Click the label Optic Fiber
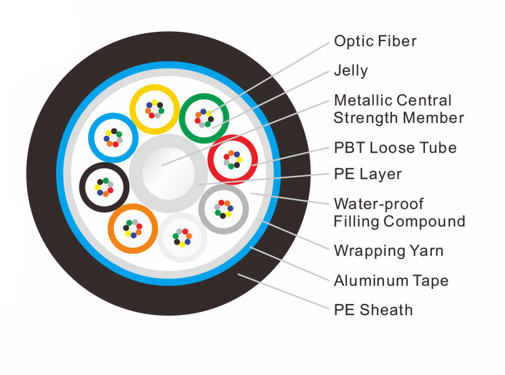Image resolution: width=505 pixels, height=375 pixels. [x=375, y=41]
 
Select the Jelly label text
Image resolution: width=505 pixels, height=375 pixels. [x=351, y=71]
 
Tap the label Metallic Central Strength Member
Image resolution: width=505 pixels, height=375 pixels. [x=399, y=109]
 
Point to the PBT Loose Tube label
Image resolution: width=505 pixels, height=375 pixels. [x=395, y=148]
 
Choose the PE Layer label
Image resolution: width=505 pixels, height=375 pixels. [x=368, y=174]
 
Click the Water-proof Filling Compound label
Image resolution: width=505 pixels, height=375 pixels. [x=400, y=213]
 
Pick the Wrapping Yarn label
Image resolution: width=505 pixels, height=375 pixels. [x=389, y=251]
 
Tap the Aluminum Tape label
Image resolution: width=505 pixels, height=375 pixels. [x=391, y=281]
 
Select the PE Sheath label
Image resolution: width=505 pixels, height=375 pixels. [x=373, y=310]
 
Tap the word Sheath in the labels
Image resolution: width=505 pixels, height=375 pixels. [x=386, y=310]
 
